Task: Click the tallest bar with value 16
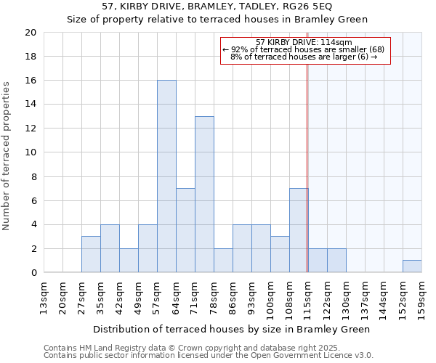(166, 176)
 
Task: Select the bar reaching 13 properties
(204, 195)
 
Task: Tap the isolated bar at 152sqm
(412, 266)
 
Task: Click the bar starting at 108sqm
(299, 230)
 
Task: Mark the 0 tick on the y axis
(33, 273)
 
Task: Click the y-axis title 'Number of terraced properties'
(7, 156)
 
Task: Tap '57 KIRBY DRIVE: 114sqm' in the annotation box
(304, 42)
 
